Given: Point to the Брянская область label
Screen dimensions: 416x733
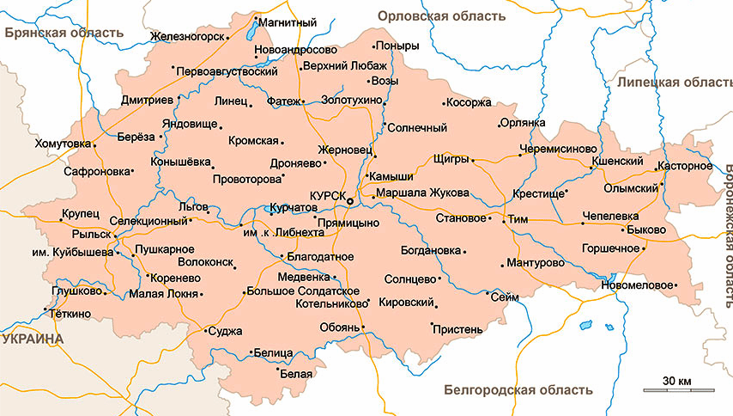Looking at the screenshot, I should [64, 33].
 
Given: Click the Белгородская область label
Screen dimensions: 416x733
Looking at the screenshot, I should [518, 389].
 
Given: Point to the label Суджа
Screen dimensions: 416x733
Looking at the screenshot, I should [226, 330].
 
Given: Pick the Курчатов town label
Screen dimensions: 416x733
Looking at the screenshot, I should [294, 208].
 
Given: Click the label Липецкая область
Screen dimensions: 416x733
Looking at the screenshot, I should [673, 82].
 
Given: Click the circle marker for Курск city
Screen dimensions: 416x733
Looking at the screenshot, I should [349, 200].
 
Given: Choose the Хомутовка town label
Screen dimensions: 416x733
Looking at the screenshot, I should [62, 144].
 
